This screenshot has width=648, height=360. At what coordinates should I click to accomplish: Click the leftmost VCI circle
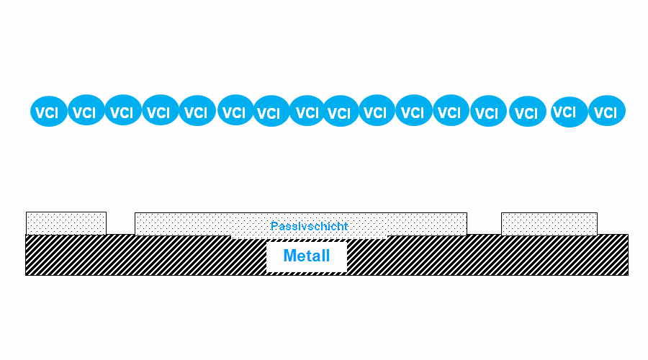[x=49, y=111]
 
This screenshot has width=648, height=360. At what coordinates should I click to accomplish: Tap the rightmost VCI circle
[x=607, y=111]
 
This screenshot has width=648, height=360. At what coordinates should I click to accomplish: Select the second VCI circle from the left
[x=86, y=110]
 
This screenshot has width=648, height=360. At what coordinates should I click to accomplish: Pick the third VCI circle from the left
[x=122, y=110]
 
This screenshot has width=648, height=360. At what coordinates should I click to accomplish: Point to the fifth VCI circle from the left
[x=197, y=110]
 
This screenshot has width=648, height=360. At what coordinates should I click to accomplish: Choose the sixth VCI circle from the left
[x=235, y=110]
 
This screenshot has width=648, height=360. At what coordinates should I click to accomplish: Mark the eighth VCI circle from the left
[x=307, y=110]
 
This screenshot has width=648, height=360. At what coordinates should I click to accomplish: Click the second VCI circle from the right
[x=569, y=112]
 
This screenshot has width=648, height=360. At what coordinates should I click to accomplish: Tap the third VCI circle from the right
[x=528, y=111]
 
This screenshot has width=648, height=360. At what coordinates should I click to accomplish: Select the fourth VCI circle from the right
[x=488, y=111]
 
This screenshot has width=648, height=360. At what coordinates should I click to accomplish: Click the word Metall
[x=307, y=256]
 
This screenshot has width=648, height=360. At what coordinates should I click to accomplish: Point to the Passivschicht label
[x=309, y=226]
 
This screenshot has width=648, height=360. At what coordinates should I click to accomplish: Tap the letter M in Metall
[x=291, y=256]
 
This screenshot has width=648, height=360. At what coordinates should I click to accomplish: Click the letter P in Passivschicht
[x=274, y=226]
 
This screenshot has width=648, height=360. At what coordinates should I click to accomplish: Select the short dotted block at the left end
[x=66, y=224]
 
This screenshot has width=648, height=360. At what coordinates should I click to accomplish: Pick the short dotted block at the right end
[x=549, y=224]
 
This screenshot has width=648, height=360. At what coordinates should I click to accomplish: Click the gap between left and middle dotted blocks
[x=121, y=224]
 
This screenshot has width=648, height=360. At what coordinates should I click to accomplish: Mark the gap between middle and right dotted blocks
[x=485, y=224]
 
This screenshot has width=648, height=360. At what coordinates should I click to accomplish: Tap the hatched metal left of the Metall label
[x=145, y=255]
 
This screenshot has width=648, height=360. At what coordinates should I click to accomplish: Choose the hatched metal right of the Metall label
[x=487, y=255]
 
